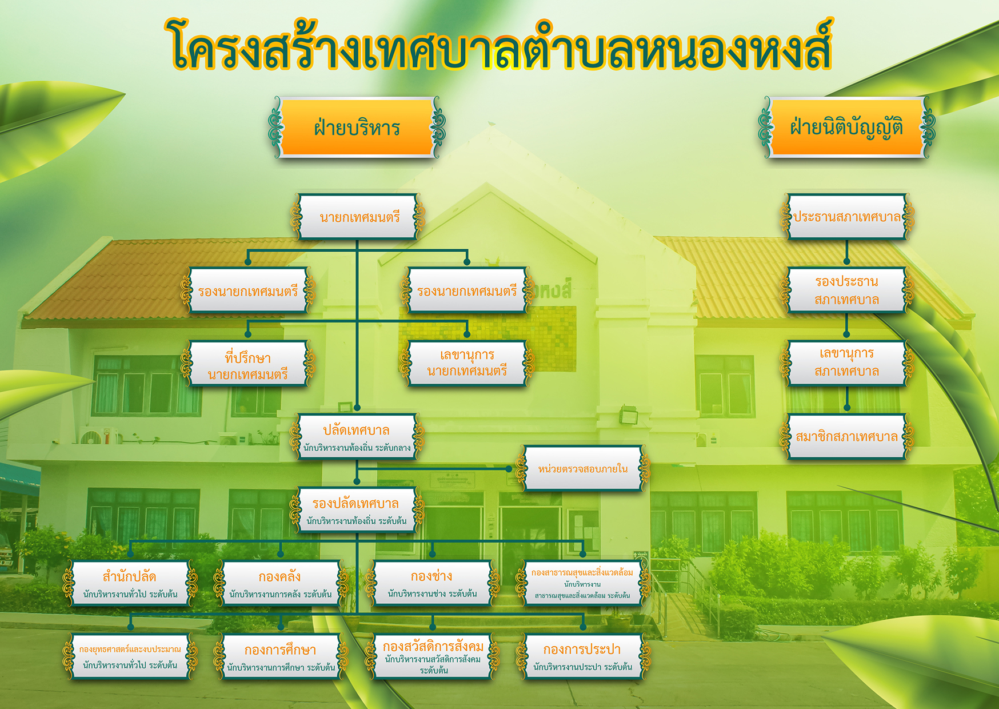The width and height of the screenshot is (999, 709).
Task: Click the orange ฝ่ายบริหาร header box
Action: (357, 127)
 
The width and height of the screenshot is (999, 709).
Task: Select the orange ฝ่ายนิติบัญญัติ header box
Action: (846, 127)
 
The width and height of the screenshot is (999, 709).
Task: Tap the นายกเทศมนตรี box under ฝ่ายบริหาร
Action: (358, 217)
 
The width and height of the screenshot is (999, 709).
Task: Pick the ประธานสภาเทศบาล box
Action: (847, 217)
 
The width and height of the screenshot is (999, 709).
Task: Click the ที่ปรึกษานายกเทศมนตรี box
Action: (248, 364)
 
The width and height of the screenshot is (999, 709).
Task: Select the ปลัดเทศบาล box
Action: (357, 437)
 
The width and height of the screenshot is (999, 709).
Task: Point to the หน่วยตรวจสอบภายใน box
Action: (583, 468)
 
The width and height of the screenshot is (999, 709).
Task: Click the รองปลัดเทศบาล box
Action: (357, 510)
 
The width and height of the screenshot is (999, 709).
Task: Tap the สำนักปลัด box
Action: (130, 583)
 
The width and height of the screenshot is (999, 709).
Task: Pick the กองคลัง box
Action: (281, 583)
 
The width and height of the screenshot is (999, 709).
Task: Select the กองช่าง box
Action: (433, 583)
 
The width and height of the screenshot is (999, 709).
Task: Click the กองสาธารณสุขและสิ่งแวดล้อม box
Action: (583, 583)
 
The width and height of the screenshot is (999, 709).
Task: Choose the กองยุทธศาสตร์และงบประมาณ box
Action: (130, 657)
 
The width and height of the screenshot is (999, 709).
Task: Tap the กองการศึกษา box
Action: (281, 657)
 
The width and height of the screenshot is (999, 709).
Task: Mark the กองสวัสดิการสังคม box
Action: (433, 657)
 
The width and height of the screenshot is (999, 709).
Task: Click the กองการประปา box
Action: (583, 657)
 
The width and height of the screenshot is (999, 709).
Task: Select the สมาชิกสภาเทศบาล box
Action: (847, 437)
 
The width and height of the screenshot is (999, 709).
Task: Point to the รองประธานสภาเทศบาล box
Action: (847, 290)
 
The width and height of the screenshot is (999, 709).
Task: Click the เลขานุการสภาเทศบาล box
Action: (847, 363)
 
